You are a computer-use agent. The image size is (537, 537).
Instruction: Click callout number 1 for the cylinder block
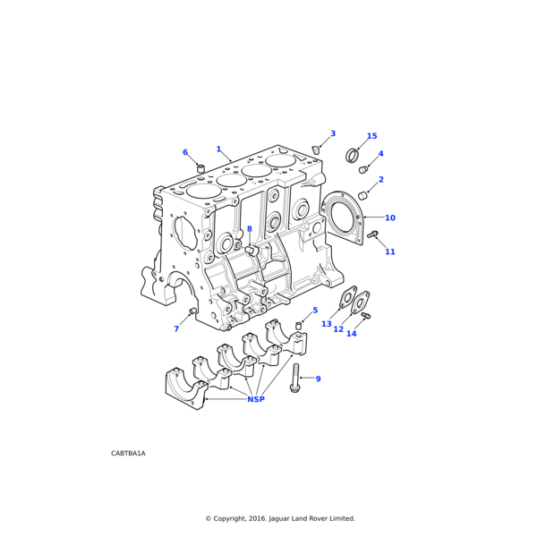click(218, 149)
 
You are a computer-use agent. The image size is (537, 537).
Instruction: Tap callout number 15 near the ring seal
click(371, 137)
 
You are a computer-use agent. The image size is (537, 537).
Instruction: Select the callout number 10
click(389, 217)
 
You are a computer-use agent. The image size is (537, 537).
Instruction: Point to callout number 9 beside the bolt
click(318, 379)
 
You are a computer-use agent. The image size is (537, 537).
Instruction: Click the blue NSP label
click(256, 399)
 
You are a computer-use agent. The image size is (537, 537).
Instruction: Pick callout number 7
click(176, 328)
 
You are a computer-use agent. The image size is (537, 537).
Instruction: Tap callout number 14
click(351, 334)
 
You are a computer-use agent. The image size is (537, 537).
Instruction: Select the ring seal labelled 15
click(353, 157)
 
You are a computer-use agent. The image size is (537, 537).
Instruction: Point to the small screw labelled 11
click(373, 234)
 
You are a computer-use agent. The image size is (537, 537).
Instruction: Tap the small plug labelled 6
click(201, 167)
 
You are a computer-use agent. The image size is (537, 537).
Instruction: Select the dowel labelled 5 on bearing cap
click(300, 325)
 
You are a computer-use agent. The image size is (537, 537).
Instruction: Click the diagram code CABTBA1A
click(128, 453)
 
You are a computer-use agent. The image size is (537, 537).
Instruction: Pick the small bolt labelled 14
click(365, 316)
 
